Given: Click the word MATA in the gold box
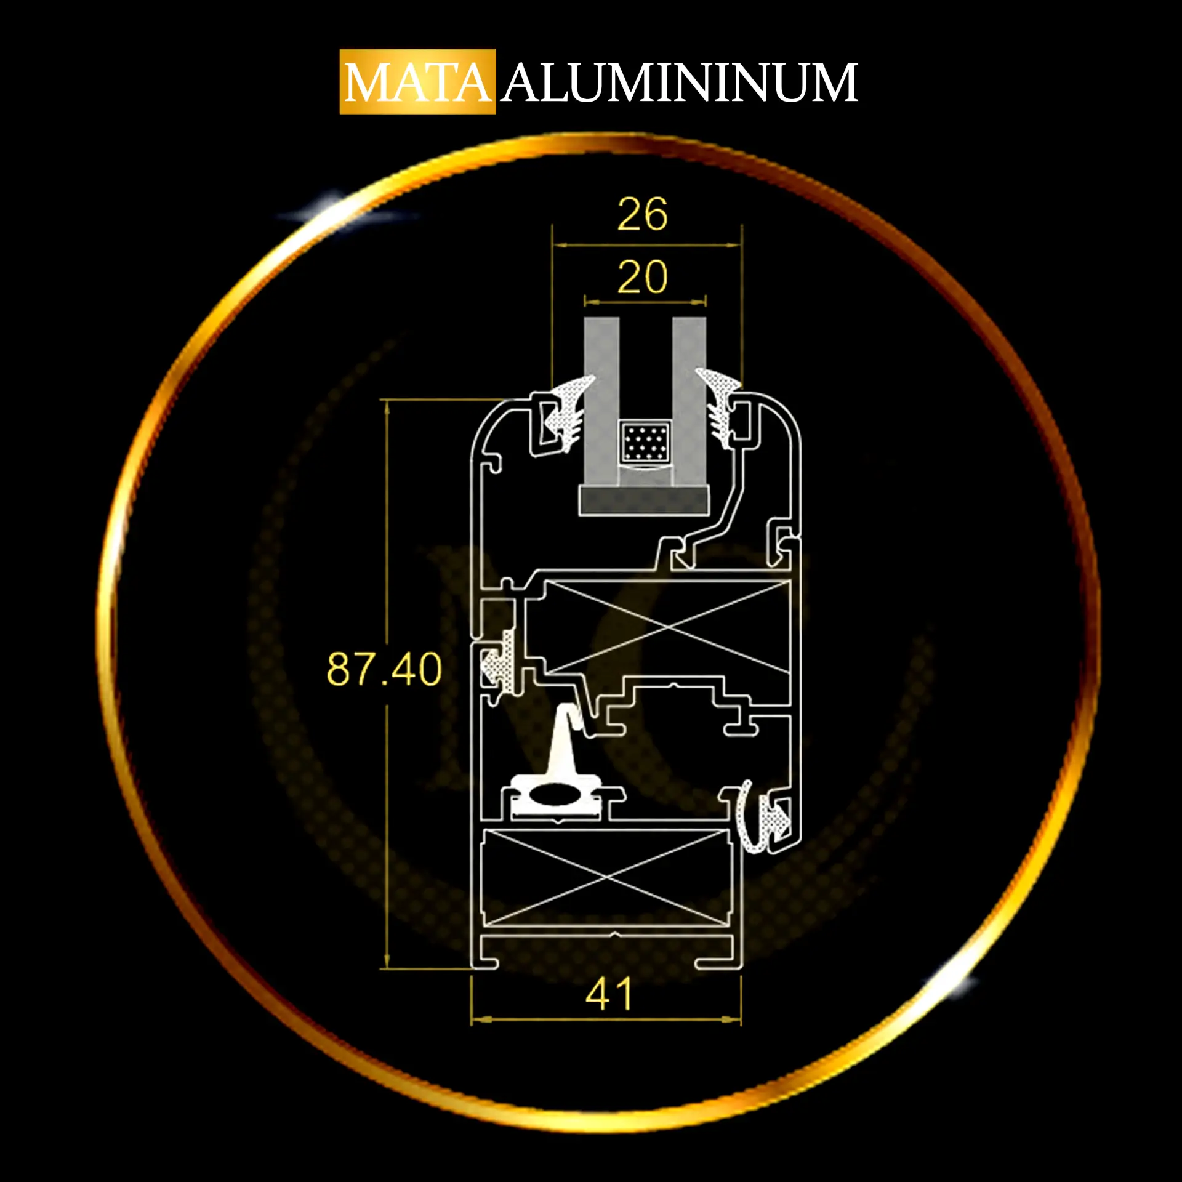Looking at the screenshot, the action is pos(417,82).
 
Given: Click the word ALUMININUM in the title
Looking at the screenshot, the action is pos(680,82).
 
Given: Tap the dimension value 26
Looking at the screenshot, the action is pos(642,214).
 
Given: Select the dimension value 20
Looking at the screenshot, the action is pos(642,277).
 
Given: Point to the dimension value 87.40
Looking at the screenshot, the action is pos(384,669).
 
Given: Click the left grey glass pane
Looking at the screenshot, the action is pos(601,401).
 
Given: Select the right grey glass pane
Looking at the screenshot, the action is pos(689,401).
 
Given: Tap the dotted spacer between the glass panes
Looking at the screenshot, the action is pos(645,442).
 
